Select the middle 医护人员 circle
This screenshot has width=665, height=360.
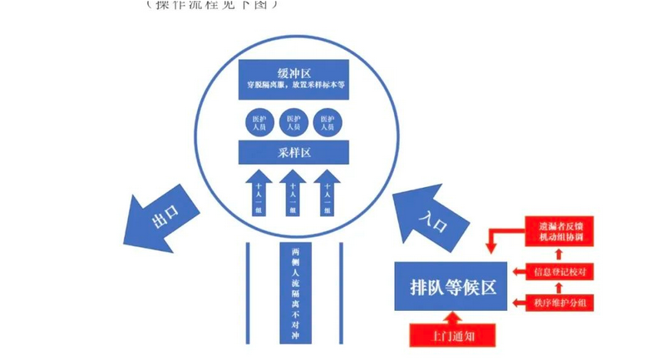[x=291, y=123]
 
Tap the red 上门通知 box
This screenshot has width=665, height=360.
[x=452, y=336]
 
